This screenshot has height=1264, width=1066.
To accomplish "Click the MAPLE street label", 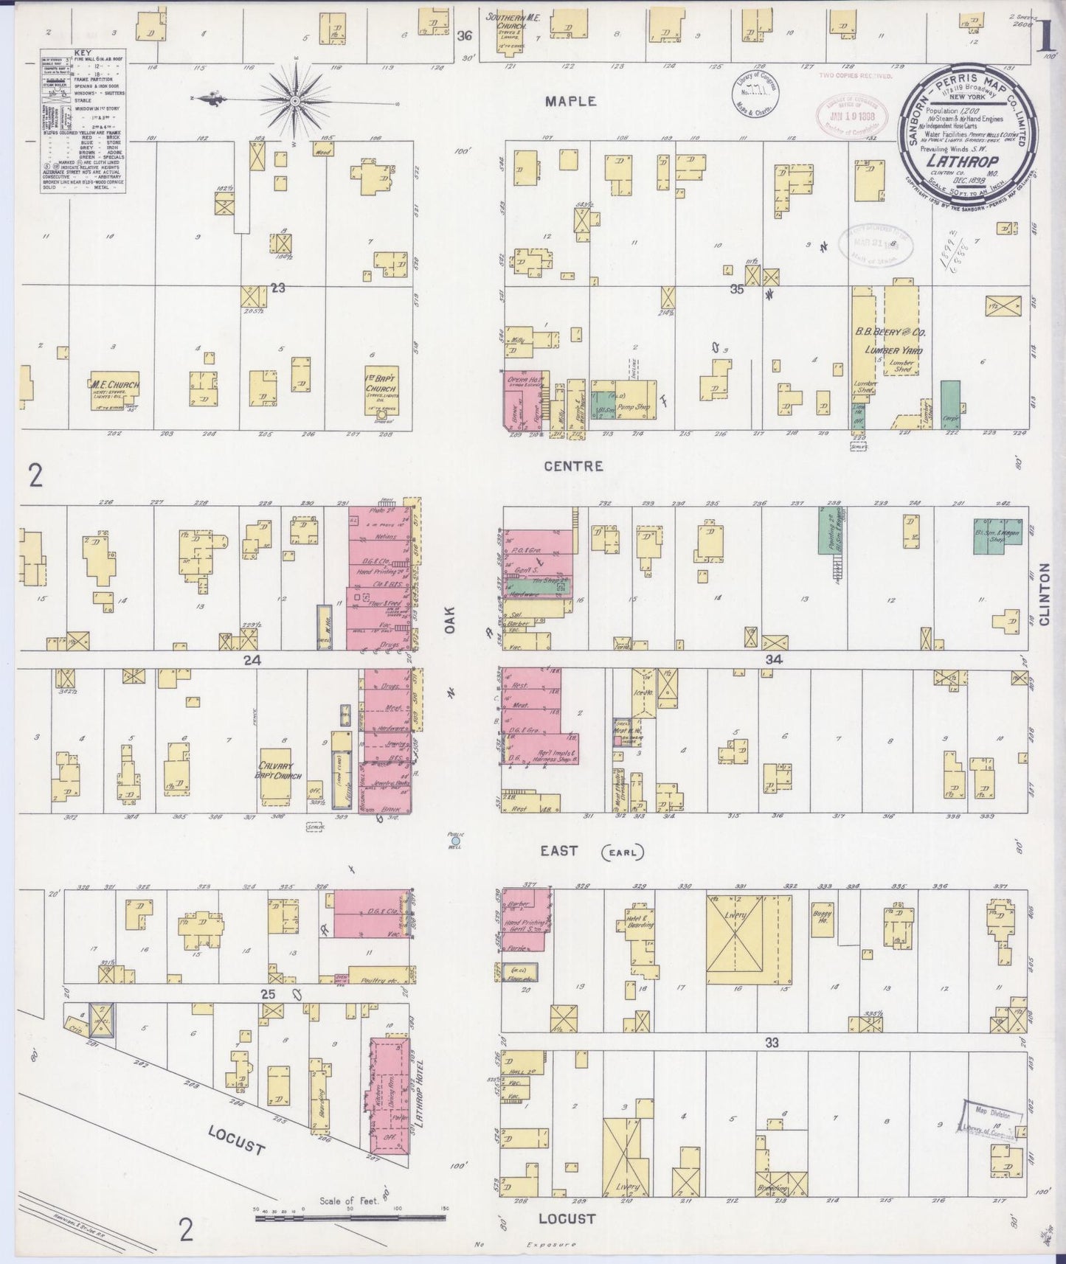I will (570, 102).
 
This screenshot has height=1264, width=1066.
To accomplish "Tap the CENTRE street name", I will (573, 466).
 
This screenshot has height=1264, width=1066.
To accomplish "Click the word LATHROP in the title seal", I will (972, 161).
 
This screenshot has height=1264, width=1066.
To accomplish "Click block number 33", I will (772, 1043).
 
